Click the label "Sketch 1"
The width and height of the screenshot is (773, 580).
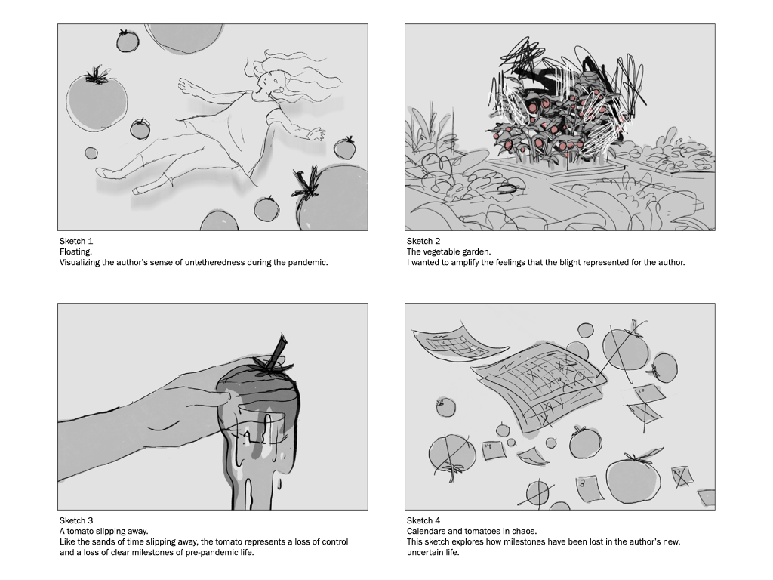pyautogui.click(x=76, y=241)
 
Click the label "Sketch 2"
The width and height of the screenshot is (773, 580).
pyautogui.click(x=423, y=241)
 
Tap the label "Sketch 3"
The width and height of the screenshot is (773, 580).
pyautogui.click(x=76, y=520)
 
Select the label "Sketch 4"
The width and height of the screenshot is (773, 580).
pyautogui.click(x=423, y=520)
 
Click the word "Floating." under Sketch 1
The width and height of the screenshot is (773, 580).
pyautogui.click(x=76, y=252)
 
